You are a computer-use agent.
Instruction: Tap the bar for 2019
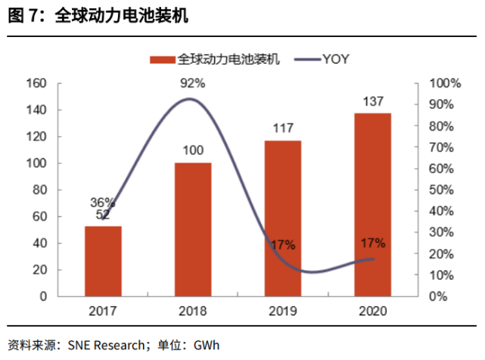(282, 219)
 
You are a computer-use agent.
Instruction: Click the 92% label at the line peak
(192, 83)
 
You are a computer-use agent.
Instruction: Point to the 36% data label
(102, 202)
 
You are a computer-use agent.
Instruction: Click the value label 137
(372, 101)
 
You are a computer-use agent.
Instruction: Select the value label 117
(282, 129)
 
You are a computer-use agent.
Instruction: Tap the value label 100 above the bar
(193, 150)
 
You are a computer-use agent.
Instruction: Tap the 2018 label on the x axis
(193, 311)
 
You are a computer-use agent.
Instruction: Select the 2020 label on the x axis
(372, 311)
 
